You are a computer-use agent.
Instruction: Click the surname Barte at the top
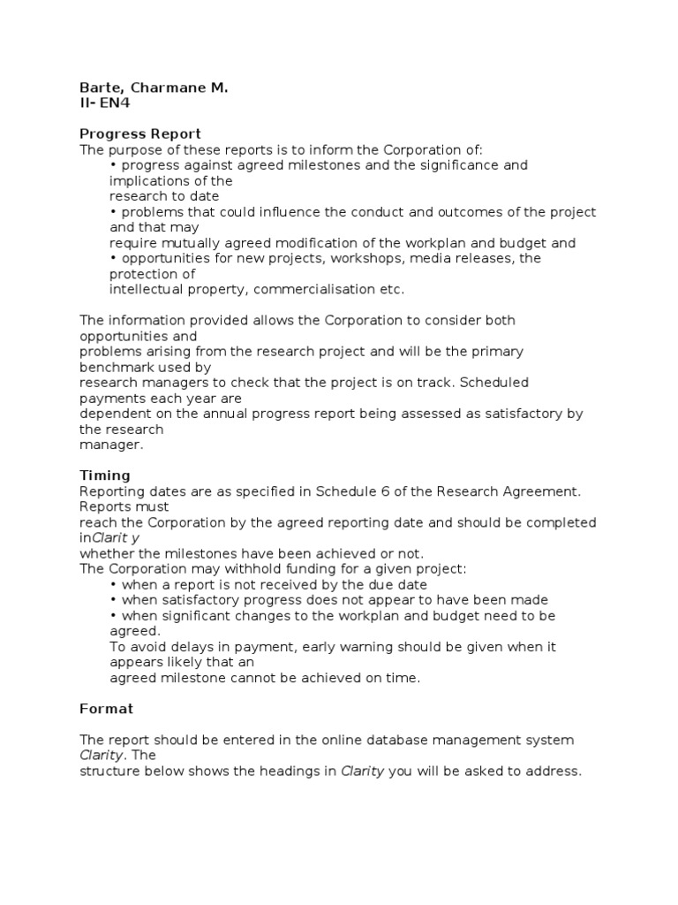click(98, 89)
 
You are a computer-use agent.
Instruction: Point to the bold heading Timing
click(104, 475)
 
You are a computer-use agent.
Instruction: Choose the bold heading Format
click(106, 708)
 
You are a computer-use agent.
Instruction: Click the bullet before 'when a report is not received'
click(114, 585)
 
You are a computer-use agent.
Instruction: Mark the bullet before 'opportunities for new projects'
click(114, 259)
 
